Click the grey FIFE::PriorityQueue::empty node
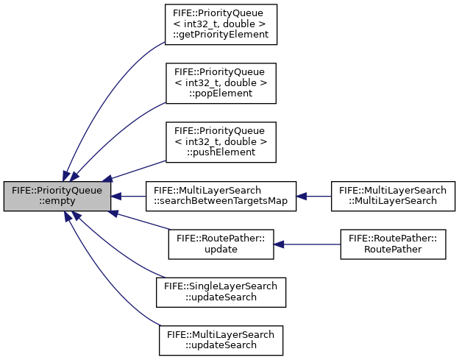tap(57, 196)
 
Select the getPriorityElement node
tap(221, 24)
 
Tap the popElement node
tap(221, 83)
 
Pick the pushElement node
tap(221, 142)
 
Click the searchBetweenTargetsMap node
tap(221, 196)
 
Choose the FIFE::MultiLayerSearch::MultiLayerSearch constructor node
tap(393, 196)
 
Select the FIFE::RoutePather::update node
tap(221, 244)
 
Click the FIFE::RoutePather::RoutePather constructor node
tap(393, 244)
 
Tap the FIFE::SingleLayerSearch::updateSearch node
tap(221, 292)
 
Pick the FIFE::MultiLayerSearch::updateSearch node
tap(221, 340)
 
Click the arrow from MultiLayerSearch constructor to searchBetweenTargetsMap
tap(313, 196)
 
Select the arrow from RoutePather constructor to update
tap(307, 244)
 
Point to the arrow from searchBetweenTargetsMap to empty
tap(129, 196)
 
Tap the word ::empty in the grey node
tap(57, 201)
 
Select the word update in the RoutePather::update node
tap(221, 250)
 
